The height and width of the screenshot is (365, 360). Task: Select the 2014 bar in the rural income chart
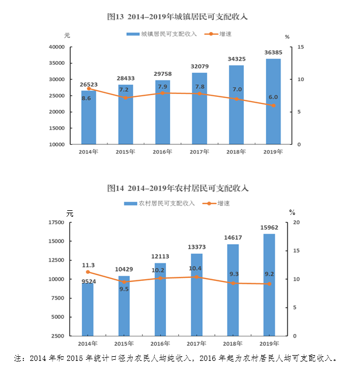tap(88, 310)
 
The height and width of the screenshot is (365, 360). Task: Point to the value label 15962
tap(269, 227)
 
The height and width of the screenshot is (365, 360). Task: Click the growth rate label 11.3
tap(89, 265)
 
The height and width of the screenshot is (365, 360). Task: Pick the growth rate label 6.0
tap(273, 97)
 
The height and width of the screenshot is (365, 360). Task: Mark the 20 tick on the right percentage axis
tap(296, 223)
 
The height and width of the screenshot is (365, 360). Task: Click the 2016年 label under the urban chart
tap(162, 152)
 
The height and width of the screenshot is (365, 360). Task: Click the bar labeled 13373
tap(196, 295)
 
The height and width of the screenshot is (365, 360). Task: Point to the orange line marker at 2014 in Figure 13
tap(88, 88)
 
